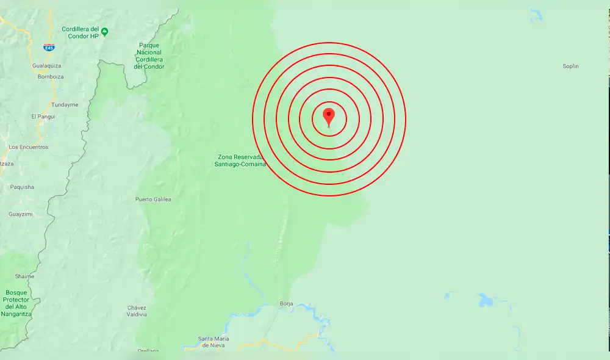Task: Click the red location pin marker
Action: (329, 115)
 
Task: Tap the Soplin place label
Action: (570, 66)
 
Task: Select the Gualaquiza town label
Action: (46, 65)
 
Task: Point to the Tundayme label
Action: (65, 104)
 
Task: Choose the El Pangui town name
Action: (43, 116)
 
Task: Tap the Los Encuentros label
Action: (28, 147)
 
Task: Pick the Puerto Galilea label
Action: (153, 200)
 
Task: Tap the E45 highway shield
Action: (49, 48)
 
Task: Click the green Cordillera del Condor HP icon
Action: (105, 32)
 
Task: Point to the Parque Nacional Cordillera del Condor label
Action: (149, 56)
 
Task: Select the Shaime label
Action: (25, 276)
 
